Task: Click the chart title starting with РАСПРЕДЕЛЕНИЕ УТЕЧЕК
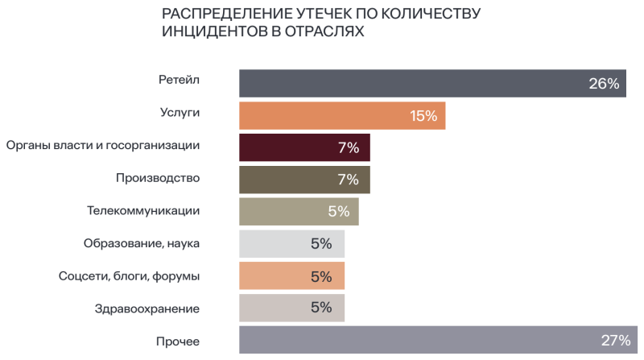point(322,23)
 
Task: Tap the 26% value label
point(604,83)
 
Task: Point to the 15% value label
point(423,115)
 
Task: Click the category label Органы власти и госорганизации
point(102,145)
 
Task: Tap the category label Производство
point(158,177)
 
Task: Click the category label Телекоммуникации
point(143,210)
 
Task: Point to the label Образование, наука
point(142,242)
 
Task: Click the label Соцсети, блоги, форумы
point(130,275)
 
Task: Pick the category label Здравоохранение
point(147,308)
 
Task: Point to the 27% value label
point(616,340)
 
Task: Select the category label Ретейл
point(179,80)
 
